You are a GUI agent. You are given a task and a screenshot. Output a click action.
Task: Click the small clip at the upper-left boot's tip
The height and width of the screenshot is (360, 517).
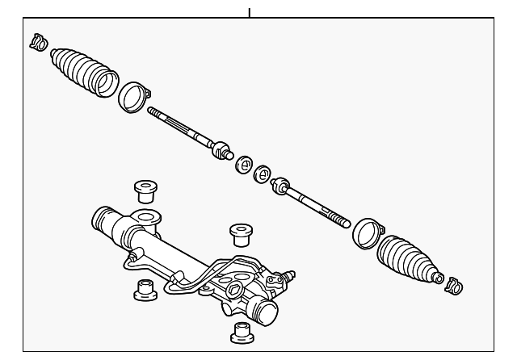pos(38,42)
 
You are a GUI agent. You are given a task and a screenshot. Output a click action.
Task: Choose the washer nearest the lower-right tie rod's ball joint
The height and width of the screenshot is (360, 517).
pos(263,174)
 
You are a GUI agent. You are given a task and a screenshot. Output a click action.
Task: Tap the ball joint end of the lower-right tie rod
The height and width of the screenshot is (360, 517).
pos(282,186)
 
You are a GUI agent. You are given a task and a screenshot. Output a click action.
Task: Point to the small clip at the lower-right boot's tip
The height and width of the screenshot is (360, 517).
pos(455,284)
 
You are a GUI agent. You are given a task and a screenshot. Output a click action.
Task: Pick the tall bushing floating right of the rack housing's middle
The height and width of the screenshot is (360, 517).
pos(240,233)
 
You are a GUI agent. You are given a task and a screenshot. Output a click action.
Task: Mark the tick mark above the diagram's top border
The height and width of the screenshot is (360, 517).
pos(250,11)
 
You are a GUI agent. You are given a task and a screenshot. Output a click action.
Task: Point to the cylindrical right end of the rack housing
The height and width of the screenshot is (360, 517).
pos(264,310)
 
